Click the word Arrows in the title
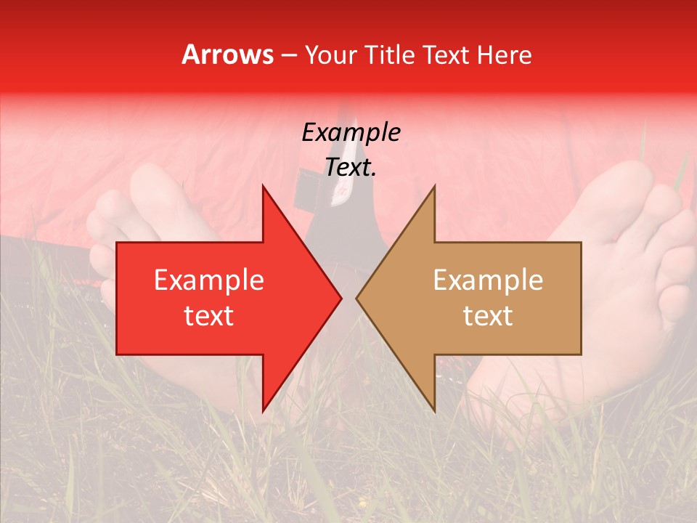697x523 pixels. click(227, 54)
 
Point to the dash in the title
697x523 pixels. click(289, 56)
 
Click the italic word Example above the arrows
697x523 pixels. click(351, 133)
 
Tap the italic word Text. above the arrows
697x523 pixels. click(351, 167)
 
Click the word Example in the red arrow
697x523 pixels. click(209, 280)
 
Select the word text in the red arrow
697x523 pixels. click(209, 316)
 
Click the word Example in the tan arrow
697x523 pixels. click(488, 280)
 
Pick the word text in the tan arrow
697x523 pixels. click(488, 316)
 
